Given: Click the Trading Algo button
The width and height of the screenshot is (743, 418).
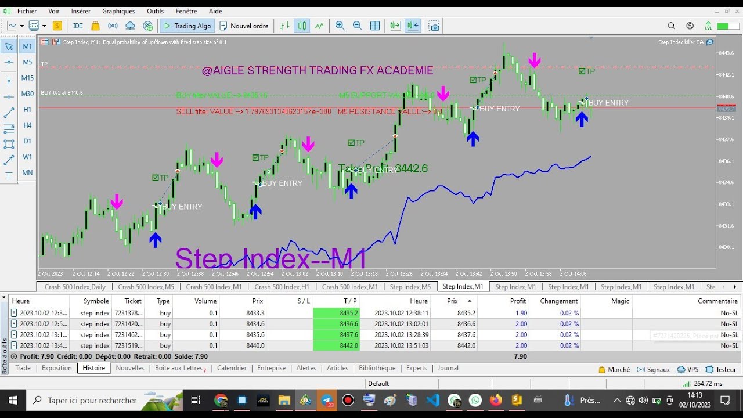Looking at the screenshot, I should [187, 26].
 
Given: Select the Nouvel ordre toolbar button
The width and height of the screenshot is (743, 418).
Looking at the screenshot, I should [244, 26].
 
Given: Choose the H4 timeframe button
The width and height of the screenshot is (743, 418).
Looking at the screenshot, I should [27, 125].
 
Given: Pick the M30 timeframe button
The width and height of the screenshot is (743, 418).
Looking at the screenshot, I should [27, 93].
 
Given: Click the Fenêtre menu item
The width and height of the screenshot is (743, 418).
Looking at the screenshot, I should [186, 11].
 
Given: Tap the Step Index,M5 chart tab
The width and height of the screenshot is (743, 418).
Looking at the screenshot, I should [410, 287].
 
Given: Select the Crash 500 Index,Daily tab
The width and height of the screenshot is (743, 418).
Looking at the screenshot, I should [75, 287].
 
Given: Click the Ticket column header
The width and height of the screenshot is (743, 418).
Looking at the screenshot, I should [133, 301].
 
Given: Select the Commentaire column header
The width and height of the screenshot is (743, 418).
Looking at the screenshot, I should [717, 301].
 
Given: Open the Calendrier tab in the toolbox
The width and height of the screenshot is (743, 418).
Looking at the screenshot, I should [232, 368].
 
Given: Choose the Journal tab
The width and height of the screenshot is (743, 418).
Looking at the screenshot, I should [448, 368].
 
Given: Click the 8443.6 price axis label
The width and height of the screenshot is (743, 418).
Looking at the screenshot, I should [727, 53].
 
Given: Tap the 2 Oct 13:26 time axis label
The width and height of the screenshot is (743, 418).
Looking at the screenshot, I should [400, 273].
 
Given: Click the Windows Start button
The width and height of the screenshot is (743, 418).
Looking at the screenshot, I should [13, 400].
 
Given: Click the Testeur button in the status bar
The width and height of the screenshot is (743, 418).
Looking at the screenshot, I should [721, 369].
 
